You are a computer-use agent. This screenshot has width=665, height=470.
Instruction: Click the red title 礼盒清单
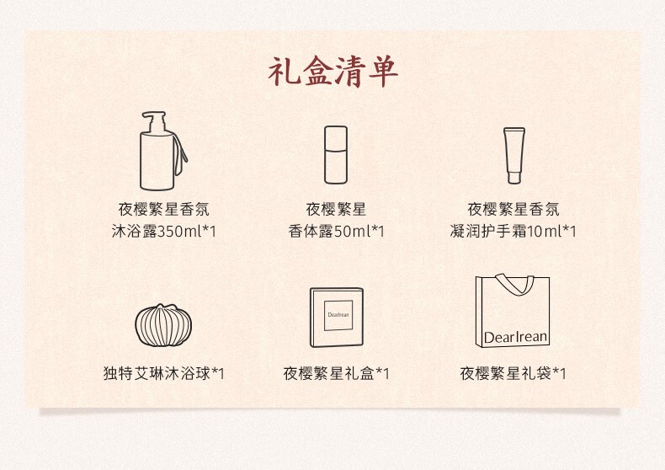[333, 72]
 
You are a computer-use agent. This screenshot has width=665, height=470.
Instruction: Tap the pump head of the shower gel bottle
[154, 122]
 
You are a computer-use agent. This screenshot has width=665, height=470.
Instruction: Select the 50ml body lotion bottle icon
[336, 155]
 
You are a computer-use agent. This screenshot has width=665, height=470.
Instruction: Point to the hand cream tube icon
[514, 156]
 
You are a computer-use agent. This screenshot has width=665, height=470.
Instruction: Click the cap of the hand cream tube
[514, 178]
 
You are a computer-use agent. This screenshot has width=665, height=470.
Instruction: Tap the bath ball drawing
[163, 325]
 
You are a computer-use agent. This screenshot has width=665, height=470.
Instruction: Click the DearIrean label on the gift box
[338, 315]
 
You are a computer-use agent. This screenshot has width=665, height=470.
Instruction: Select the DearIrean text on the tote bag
[515, 337]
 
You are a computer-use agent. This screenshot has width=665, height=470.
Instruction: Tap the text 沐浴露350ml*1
[164, 231]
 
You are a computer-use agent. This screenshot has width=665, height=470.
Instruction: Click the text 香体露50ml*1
[337, 231]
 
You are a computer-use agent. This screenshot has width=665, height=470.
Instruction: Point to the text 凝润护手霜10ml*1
[513, 231]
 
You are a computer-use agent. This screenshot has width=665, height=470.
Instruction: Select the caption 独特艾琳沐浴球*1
[163, 373]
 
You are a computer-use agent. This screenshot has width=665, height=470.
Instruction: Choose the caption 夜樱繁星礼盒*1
[337, 373]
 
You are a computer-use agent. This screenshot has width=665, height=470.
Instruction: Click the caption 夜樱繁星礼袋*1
[513, 373]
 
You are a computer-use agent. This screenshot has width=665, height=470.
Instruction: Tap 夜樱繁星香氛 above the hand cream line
[513, 209]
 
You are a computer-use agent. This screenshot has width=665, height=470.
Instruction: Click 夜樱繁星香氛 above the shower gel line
[163, 209]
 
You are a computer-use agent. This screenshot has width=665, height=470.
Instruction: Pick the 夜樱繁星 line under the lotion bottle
[336, 209]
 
